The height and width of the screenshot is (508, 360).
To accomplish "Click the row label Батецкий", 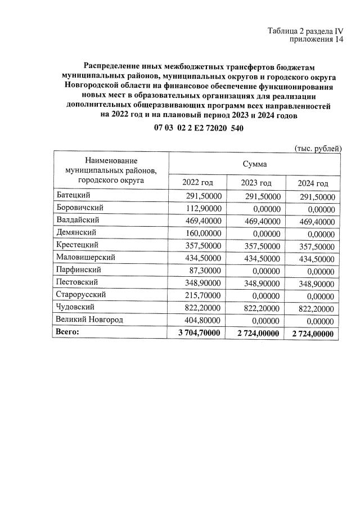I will [x=73, y=196].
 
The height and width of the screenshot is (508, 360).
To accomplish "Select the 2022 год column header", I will [x=198, y=183].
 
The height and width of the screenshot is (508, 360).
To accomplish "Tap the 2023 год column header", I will [x=256, y=183].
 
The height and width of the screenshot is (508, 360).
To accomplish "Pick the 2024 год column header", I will [x=313, y=183].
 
